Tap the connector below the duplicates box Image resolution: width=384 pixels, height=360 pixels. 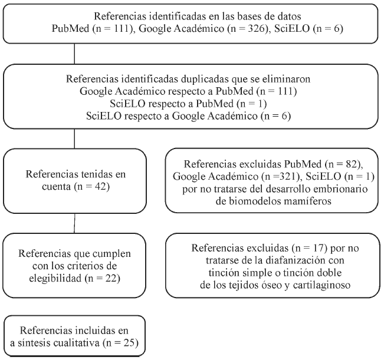click(74, 139)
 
